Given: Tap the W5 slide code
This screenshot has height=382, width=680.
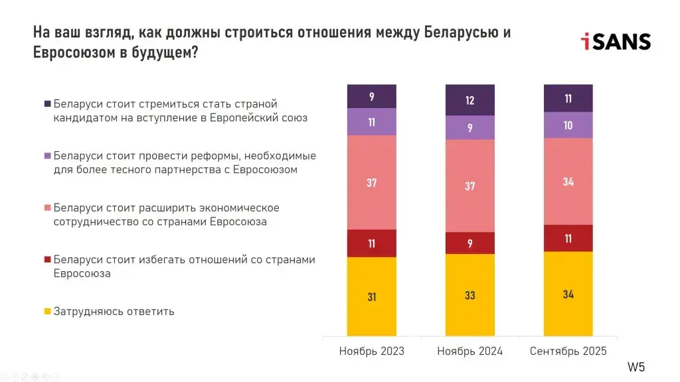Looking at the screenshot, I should click(x=636, y=367).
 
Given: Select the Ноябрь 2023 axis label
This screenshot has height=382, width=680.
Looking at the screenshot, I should click(x=371, y=351).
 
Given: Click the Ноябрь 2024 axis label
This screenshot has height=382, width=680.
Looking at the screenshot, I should click(x=469, y=351).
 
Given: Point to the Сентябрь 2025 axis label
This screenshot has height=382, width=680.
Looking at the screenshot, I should click(x=568, y=351).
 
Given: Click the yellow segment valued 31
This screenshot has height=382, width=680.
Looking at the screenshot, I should click(x=371, y=296).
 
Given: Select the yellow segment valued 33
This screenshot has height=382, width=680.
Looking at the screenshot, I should click(x=469, y=294).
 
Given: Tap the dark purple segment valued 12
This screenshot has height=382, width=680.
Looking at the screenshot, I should click(x=469, y=100).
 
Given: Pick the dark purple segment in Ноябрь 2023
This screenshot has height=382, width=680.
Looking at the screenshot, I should click(x=371, y=96).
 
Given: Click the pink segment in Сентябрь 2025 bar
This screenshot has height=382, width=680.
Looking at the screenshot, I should click(x=568, y=181).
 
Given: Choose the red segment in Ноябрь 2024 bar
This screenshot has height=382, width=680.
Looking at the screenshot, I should click(x=469, y=243).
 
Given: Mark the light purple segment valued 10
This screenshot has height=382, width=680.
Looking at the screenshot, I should click(x=568, y=125).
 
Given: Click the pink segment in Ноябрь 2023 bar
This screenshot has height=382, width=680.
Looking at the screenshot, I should click(x=371, y=182).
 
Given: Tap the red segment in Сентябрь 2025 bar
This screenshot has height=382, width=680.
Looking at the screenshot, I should click(x=568, y=238).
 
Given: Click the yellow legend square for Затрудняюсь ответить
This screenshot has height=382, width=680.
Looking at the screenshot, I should click(x=47, y=311).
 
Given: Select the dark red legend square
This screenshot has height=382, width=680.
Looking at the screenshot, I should click(x=47, y=259).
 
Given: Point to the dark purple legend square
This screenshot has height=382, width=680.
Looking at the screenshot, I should click(x=47, y=104).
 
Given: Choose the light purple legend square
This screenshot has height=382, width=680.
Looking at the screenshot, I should click(x=47, y=156).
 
